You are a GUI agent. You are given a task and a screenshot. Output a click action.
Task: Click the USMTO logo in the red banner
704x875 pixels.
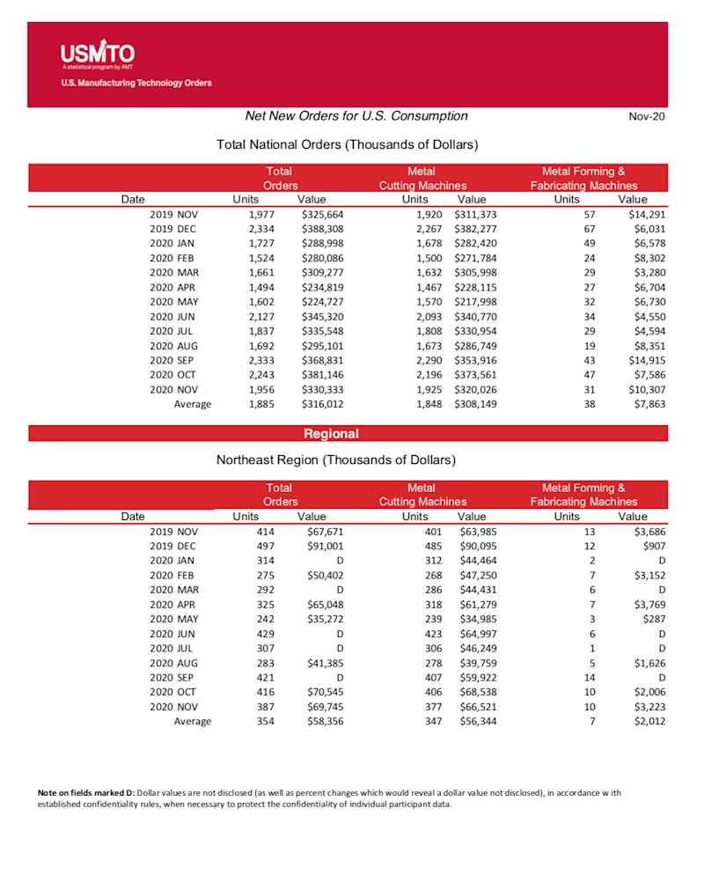97,54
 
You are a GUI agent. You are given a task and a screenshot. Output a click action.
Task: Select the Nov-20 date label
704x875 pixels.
646,117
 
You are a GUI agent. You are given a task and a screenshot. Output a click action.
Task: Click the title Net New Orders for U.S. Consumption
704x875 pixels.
356,116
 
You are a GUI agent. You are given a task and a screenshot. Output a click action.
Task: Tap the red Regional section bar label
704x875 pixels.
332,434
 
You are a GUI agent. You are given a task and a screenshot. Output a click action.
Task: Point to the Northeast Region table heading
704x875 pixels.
335,460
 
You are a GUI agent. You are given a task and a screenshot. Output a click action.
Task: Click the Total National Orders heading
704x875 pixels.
347,143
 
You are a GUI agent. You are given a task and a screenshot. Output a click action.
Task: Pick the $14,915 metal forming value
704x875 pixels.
647,361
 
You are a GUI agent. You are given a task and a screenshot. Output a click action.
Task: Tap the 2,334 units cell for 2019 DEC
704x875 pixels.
261,228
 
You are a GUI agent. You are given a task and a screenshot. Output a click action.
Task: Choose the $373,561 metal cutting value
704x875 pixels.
477,374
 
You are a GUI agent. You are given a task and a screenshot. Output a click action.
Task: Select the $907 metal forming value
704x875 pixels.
652,546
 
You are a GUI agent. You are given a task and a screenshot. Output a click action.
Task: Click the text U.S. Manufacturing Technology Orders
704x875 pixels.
136,84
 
